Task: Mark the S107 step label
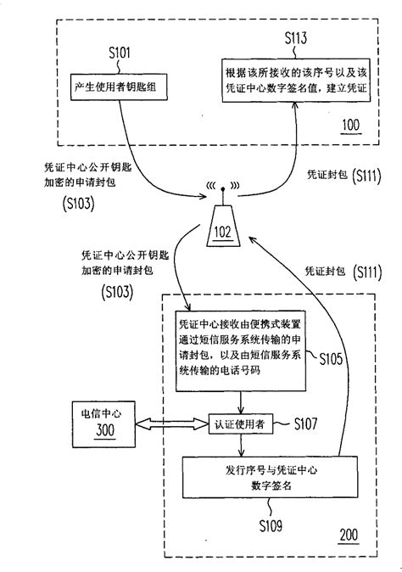pos(304,422)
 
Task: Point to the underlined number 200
pos(349,536)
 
